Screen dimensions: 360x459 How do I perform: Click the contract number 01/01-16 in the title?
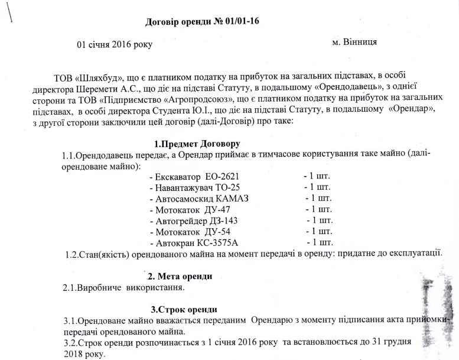[240, 21]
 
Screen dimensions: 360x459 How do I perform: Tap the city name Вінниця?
[359, 42]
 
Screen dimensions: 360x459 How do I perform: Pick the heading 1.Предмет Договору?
[197, 144]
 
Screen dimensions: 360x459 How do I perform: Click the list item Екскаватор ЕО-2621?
[196, 176]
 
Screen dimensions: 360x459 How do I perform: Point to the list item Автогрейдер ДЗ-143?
[198, 220]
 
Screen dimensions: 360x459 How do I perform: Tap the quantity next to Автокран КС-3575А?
[320, 242]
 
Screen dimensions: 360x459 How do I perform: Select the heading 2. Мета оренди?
[178, 276]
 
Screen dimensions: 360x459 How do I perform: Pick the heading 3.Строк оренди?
[184, 310]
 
